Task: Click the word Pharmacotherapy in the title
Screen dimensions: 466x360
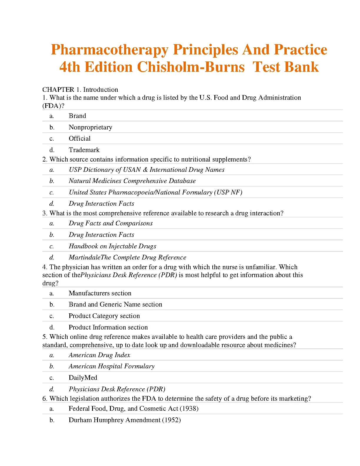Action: point(110,50)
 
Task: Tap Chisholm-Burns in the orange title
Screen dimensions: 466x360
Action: point(191,67)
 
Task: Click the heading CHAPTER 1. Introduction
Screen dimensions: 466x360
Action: point(80,89)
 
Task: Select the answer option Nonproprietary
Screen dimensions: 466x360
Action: point(90,127)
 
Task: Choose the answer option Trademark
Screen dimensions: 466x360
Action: point(84,150)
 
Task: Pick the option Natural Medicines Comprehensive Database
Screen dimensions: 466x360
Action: point(132,181)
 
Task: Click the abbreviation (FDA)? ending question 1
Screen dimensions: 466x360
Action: point(53,106)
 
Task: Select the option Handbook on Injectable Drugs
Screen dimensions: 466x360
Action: point(112,246)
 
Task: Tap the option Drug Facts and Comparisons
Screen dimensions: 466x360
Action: point(111,223)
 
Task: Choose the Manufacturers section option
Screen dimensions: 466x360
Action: point(100,293)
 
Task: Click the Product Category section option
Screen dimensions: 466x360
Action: point(104,316)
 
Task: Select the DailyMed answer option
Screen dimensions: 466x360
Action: point(83,377)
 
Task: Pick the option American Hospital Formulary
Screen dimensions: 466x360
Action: point(111,366)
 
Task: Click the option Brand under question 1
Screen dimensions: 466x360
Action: point(77,116)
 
